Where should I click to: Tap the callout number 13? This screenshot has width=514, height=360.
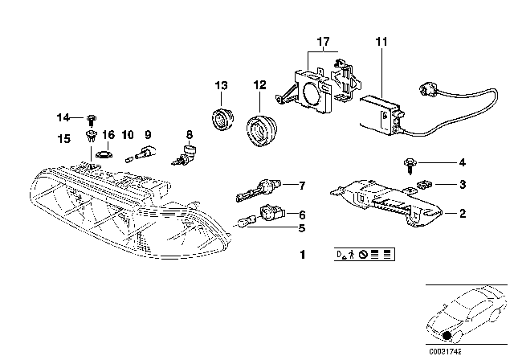(221, 85)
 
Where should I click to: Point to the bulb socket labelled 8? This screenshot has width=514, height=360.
(189, 153)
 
